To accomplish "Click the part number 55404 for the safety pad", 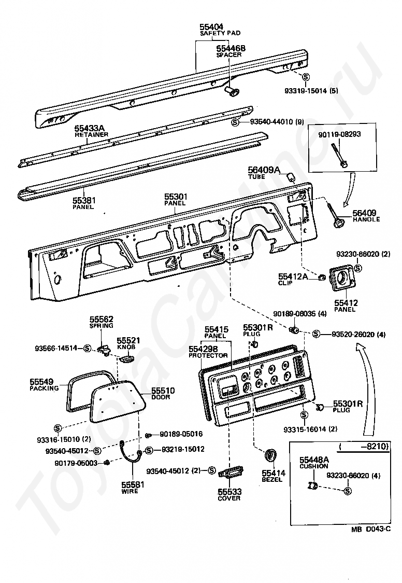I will click(x=211, y=27).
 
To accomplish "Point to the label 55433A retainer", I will click(x=90, y=128).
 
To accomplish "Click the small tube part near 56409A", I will click(x=291, y=177).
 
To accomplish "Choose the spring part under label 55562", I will click(x=104, y=349).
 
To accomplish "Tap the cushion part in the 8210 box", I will click(x=312, y=485).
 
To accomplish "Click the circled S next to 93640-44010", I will click(x=235, y=122).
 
